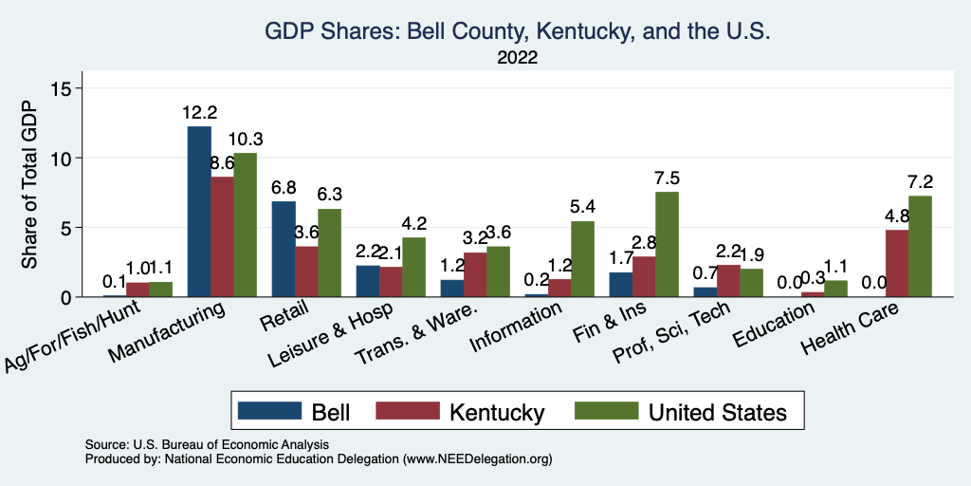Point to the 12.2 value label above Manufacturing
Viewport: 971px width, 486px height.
pyautogui.click(x=199, y=113)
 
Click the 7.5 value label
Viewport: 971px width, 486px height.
pyautogui.click(x=668, y=178)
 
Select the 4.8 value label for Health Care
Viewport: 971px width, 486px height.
pyautogui.click(x=897, y=216)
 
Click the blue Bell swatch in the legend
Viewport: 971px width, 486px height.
pyautogui.click(x=269, y=411)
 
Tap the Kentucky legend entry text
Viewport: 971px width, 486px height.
pyautogui.click(x=497, y=412)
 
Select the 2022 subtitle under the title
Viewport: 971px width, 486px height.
pyautogui.click(x=518, y=59)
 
